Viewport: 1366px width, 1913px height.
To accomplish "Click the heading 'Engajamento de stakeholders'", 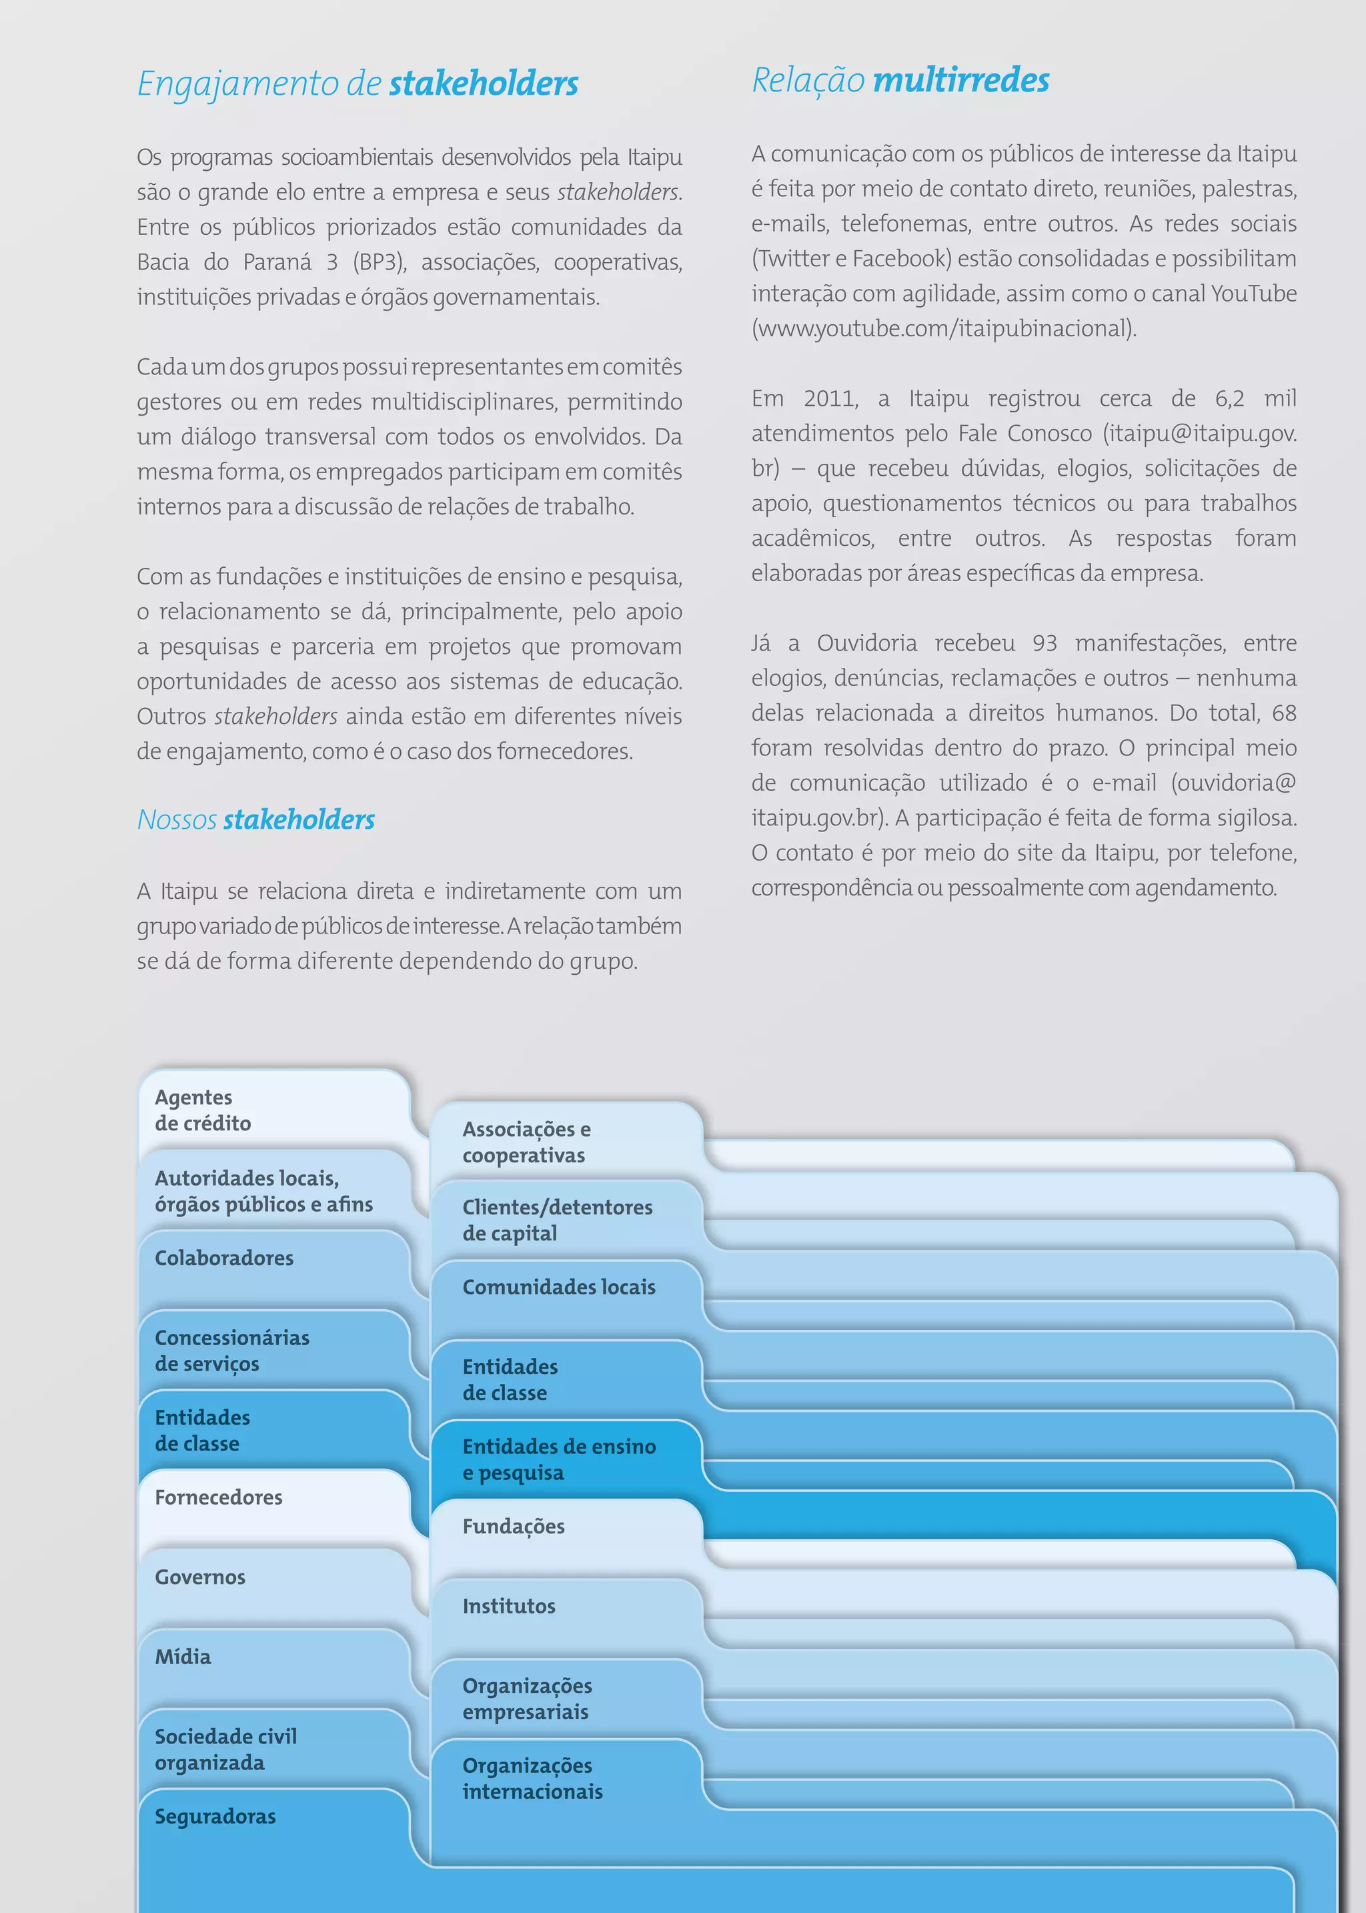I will (x=358, y=84).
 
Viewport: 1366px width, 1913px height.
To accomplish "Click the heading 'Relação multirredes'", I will (x=900, y=81).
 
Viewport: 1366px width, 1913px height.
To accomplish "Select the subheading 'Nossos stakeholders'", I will (x=255, y=819).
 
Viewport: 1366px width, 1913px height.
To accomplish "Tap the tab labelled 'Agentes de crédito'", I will (x=203, y=1110).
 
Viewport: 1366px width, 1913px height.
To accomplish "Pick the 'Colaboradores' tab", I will (x=223, y=1258).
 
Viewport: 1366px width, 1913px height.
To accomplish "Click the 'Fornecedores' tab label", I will (x=219, y=1497).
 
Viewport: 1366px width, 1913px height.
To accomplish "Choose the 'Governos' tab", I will (x=200, y=1577).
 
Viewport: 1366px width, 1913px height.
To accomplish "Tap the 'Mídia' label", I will (x=183, y=1656).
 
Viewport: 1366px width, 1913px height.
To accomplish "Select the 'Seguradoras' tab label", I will (x=215, y=1816).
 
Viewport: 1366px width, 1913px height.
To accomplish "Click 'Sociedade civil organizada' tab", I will (x=225, y=1749).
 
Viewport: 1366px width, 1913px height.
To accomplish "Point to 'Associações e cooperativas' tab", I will (x=526, y=1142).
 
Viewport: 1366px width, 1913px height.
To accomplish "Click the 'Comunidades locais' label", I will (x=558, y=1287).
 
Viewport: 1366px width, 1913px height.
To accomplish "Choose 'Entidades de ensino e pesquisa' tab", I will (x=558, y=1459).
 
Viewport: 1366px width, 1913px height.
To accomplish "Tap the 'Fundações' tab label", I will (x=513, y=1526).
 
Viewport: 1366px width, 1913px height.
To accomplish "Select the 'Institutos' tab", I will (x=509, y=1606).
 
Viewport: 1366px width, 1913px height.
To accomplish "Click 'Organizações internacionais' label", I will (x=532, y=1778).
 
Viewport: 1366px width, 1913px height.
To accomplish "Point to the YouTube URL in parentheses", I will (x=943, y=329).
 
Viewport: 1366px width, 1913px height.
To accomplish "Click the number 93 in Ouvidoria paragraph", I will (x=1044, y=643).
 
